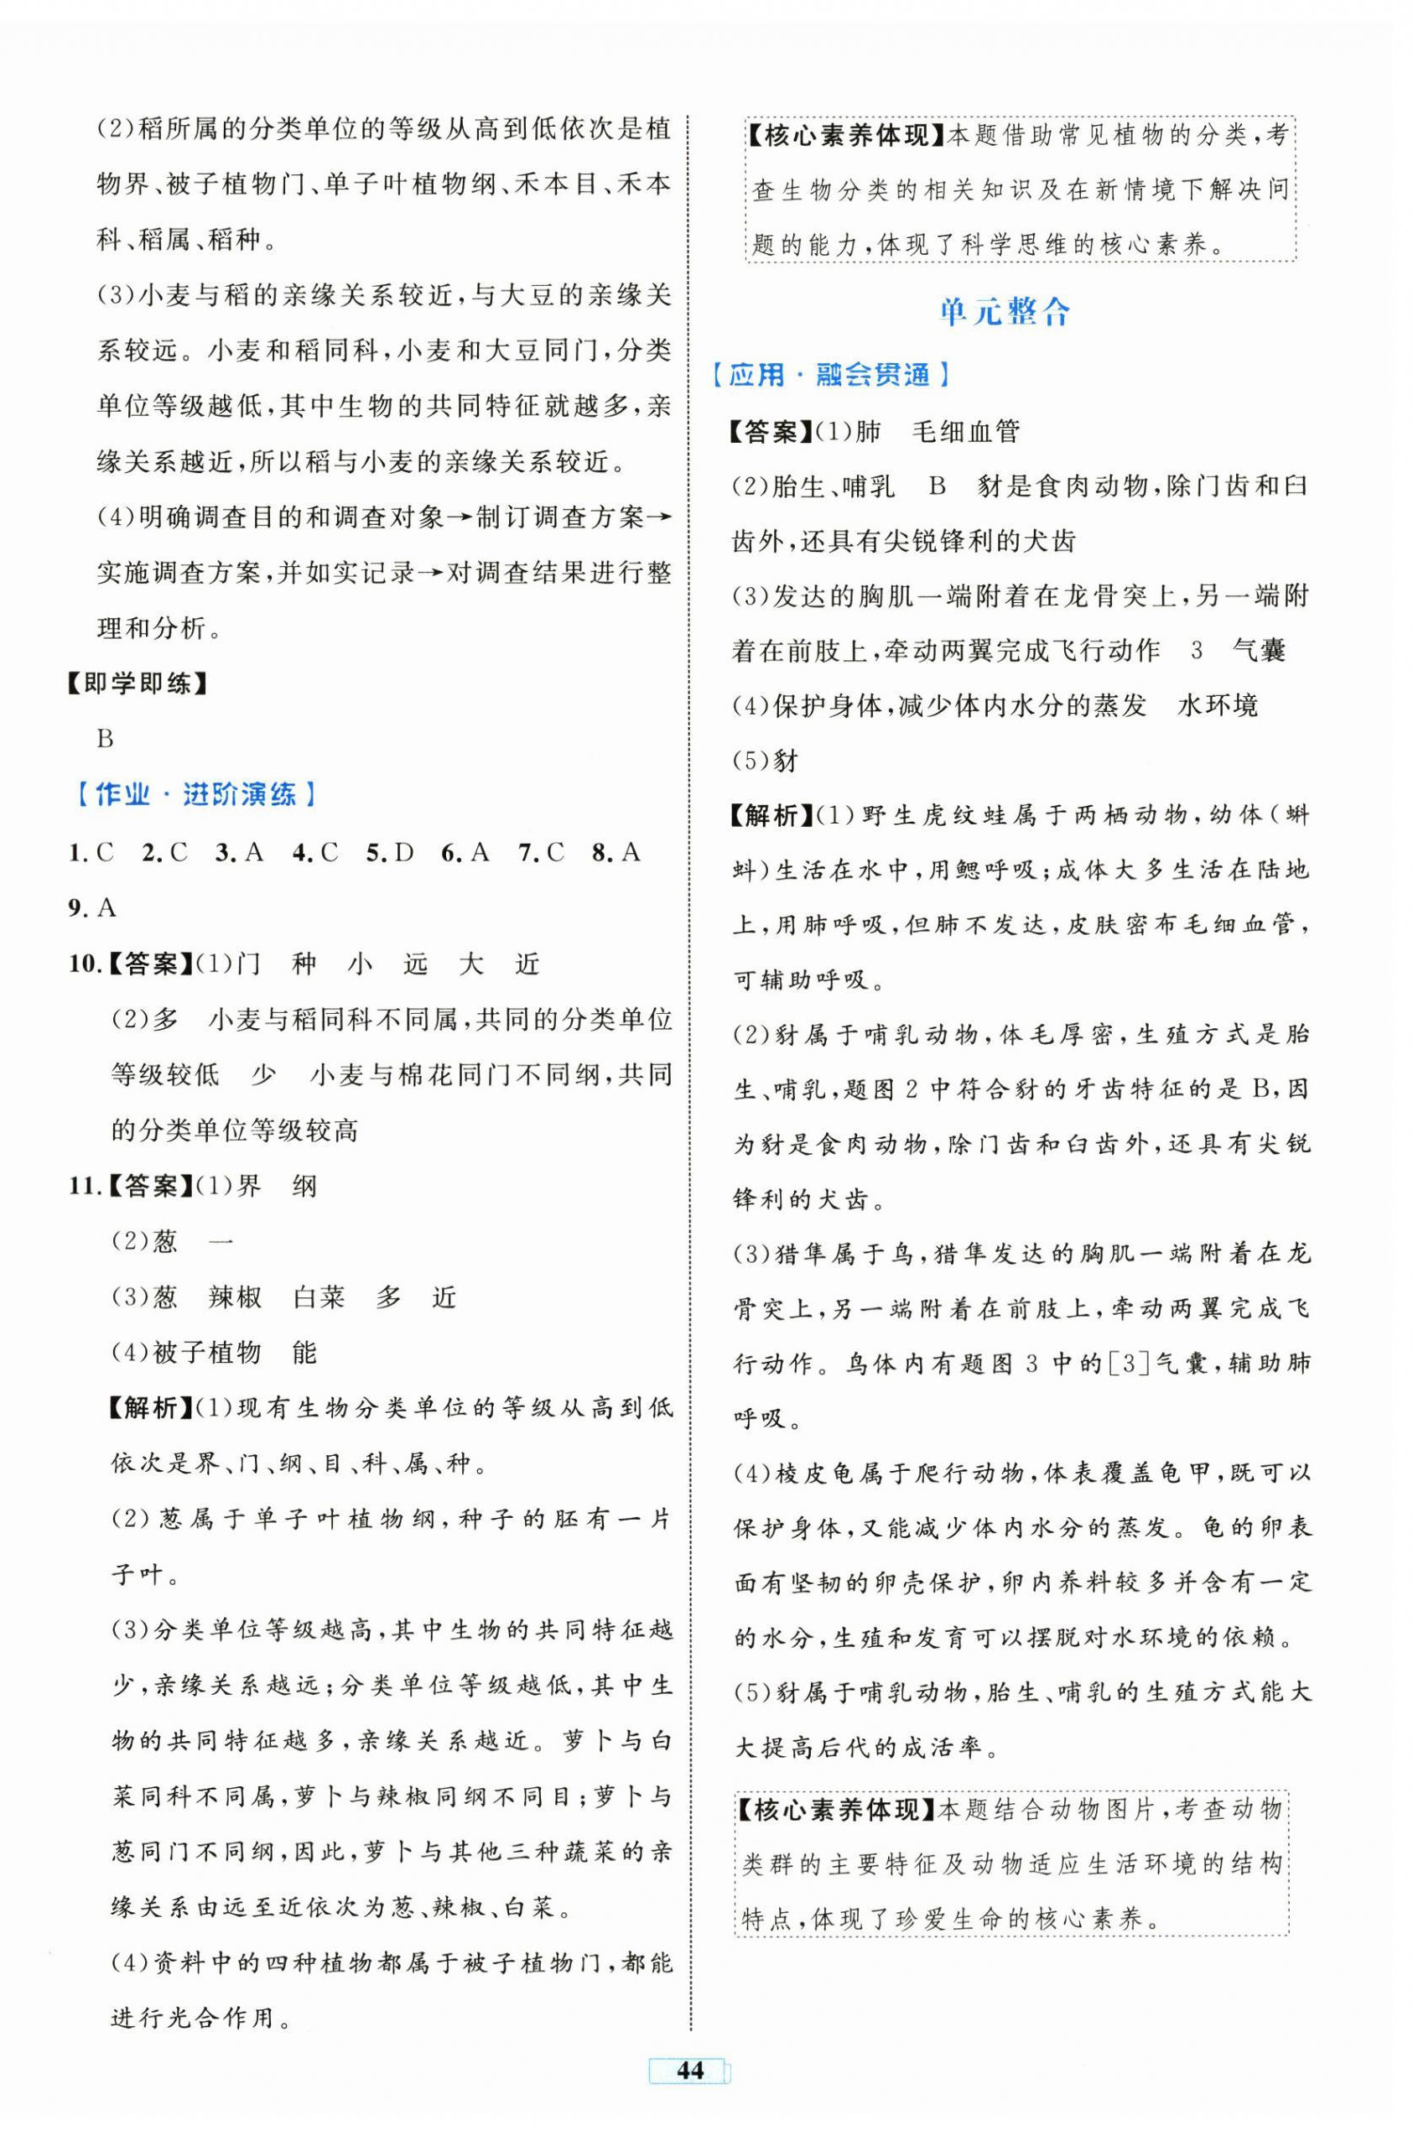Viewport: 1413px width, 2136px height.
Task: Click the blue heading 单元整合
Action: click(x=1004, y=312)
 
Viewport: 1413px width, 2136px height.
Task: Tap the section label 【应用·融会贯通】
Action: click(x=829, y=375)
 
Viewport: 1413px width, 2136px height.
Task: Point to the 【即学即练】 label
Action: click(x=138, y=684)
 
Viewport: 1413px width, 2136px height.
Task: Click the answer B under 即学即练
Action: click(x=106, y=739)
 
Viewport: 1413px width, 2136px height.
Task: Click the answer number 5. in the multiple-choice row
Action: click(x=376, y=852)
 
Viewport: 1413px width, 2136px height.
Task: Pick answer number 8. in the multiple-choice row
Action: click(x=604, y=852)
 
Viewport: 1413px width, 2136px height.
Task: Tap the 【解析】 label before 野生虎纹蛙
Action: click(x=769, y=816)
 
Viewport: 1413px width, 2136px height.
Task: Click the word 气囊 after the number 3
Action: click(x=1258, y=651)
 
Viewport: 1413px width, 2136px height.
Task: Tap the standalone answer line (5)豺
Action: click(x=766, y=761)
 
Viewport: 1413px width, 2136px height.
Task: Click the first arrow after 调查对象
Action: click(x=460, y=518)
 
